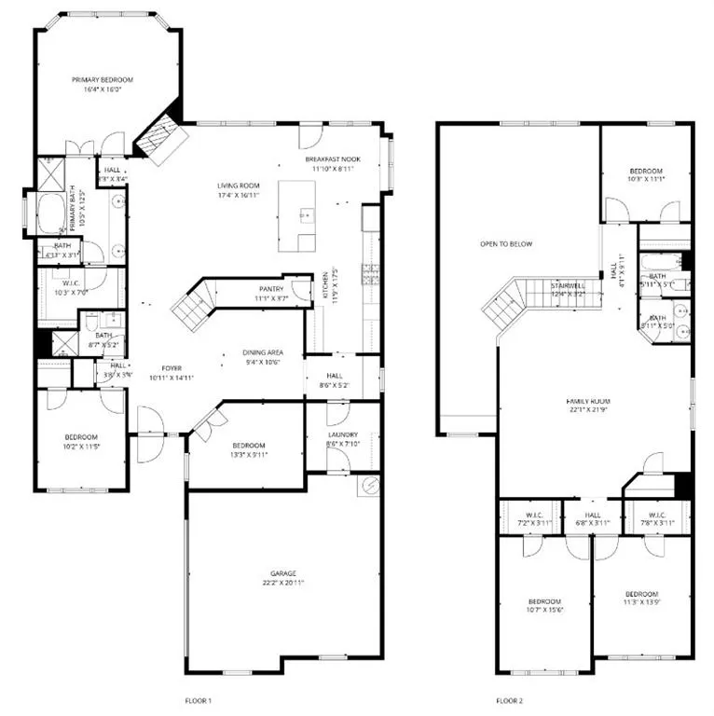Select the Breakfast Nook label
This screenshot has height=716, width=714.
(330, 160)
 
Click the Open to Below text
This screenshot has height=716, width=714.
(506, 244)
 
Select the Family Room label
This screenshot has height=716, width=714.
(595, 402)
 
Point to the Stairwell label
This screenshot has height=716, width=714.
(567, 285)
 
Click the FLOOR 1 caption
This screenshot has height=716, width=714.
(200, 699)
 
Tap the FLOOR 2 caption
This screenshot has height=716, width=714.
(510, 699)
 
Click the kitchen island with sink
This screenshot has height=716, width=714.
(297, 216)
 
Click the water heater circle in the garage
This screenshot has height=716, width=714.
(369, 486)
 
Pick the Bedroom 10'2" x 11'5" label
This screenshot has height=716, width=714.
(81, 437)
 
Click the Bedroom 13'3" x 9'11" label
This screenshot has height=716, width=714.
(249, 445)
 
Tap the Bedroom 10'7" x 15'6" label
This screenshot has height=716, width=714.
(544, 601)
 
